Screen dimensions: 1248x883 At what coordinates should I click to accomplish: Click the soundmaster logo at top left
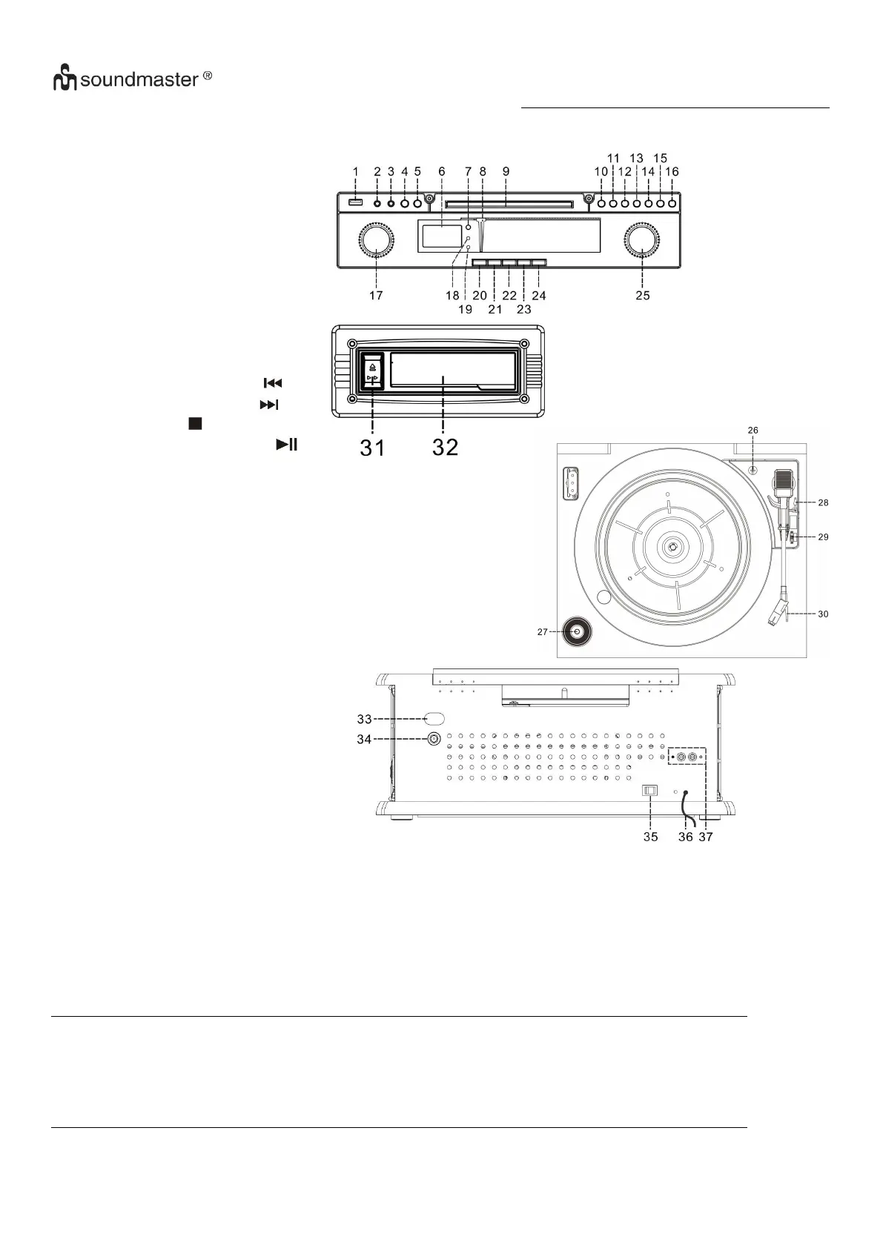click(x=132, y=79)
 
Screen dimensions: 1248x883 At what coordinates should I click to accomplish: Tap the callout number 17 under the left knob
click(x=376, y=295)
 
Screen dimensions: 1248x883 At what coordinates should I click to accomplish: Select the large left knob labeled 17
click(x=377, y=242)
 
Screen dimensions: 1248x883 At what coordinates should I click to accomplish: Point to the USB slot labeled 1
click(x=355, y=203)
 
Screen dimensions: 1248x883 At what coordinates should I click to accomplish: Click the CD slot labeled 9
click(x=506, y=202)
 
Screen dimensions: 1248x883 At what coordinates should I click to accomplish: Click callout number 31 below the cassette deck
click(x=372, y=447)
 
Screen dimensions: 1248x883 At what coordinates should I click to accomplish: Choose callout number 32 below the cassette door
click(x=445, y=447)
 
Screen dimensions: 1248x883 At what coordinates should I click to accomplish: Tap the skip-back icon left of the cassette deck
click(x=273, y=383)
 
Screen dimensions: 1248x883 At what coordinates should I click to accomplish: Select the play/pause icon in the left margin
click(x=287, y=445)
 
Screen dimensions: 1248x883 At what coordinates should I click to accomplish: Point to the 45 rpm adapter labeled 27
click(x=576, y=632)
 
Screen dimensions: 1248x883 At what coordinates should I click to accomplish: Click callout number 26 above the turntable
click(x=753, y=430)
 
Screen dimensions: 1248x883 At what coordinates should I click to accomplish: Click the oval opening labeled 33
click(x=434, y=718)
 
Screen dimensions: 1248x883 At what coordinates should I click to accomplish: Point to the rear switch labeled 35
click(x=650, y=791)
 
